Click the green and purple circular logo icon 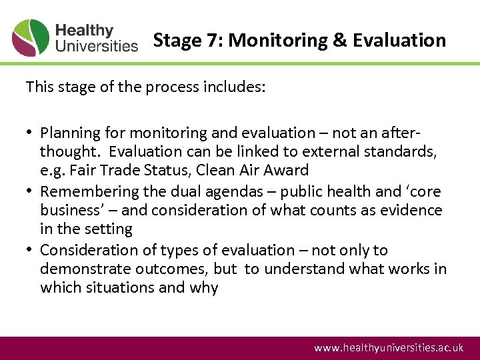click(x=31, y=38)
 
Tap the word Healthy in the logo click(x=84, y=31)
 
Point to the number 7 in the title click(x=216, y=41)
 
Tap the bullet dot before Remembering click(x=31, y=191)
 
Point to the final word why click(x=204, y=288)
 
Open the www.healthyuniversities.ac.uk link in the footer click(x=388, y=348)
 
